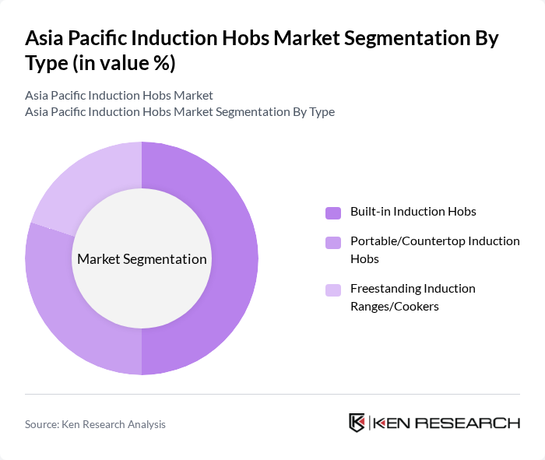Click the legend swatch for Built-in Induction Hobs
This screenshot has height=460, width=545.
tap(333, 212)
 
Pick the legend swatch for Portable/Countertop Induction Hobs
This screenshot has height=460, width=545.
tap(333, 242)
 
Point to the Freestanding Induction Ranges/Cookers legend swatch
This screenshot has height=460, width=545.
tap(333, 290)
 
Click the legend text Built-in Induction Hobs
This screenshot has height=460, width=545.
tap(413, 212)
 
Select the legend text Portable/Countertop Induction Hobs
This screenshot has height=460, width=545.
tap(434, 249)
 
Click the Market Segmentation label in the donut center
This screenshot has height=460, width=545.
tap(142, 259)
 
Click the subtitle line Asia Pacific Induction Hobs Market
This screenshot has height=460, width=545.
tap(119, 96)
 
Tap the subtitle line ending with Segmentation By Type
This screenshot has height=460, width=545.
tap(180, 112)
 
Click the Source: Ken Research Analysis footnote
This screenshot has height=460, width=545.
tap(95, 424)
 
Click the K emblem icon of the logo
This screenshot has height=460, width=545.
tap(357, 423)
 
